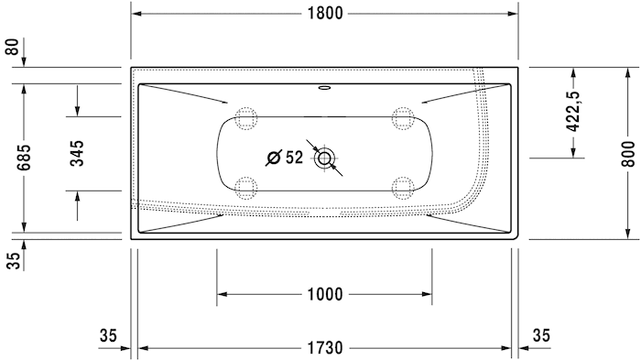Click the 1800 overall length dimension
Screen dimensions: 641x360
325,14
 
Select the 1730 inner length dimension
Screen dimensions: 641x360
325,348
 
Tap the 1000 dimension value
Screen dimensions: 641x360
325,294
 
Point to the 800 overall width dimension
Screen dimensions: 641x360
628,153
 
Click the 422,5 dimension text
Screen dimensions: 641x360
573,111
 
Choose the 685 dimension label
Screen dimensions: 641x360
24,157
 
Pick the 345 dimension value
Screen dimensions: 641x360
77,153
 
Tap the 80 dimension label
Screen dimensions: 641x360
12,47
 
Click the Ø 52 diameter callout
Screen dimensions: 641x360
285,158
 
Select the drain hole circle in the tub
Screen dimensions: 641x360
324,158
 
